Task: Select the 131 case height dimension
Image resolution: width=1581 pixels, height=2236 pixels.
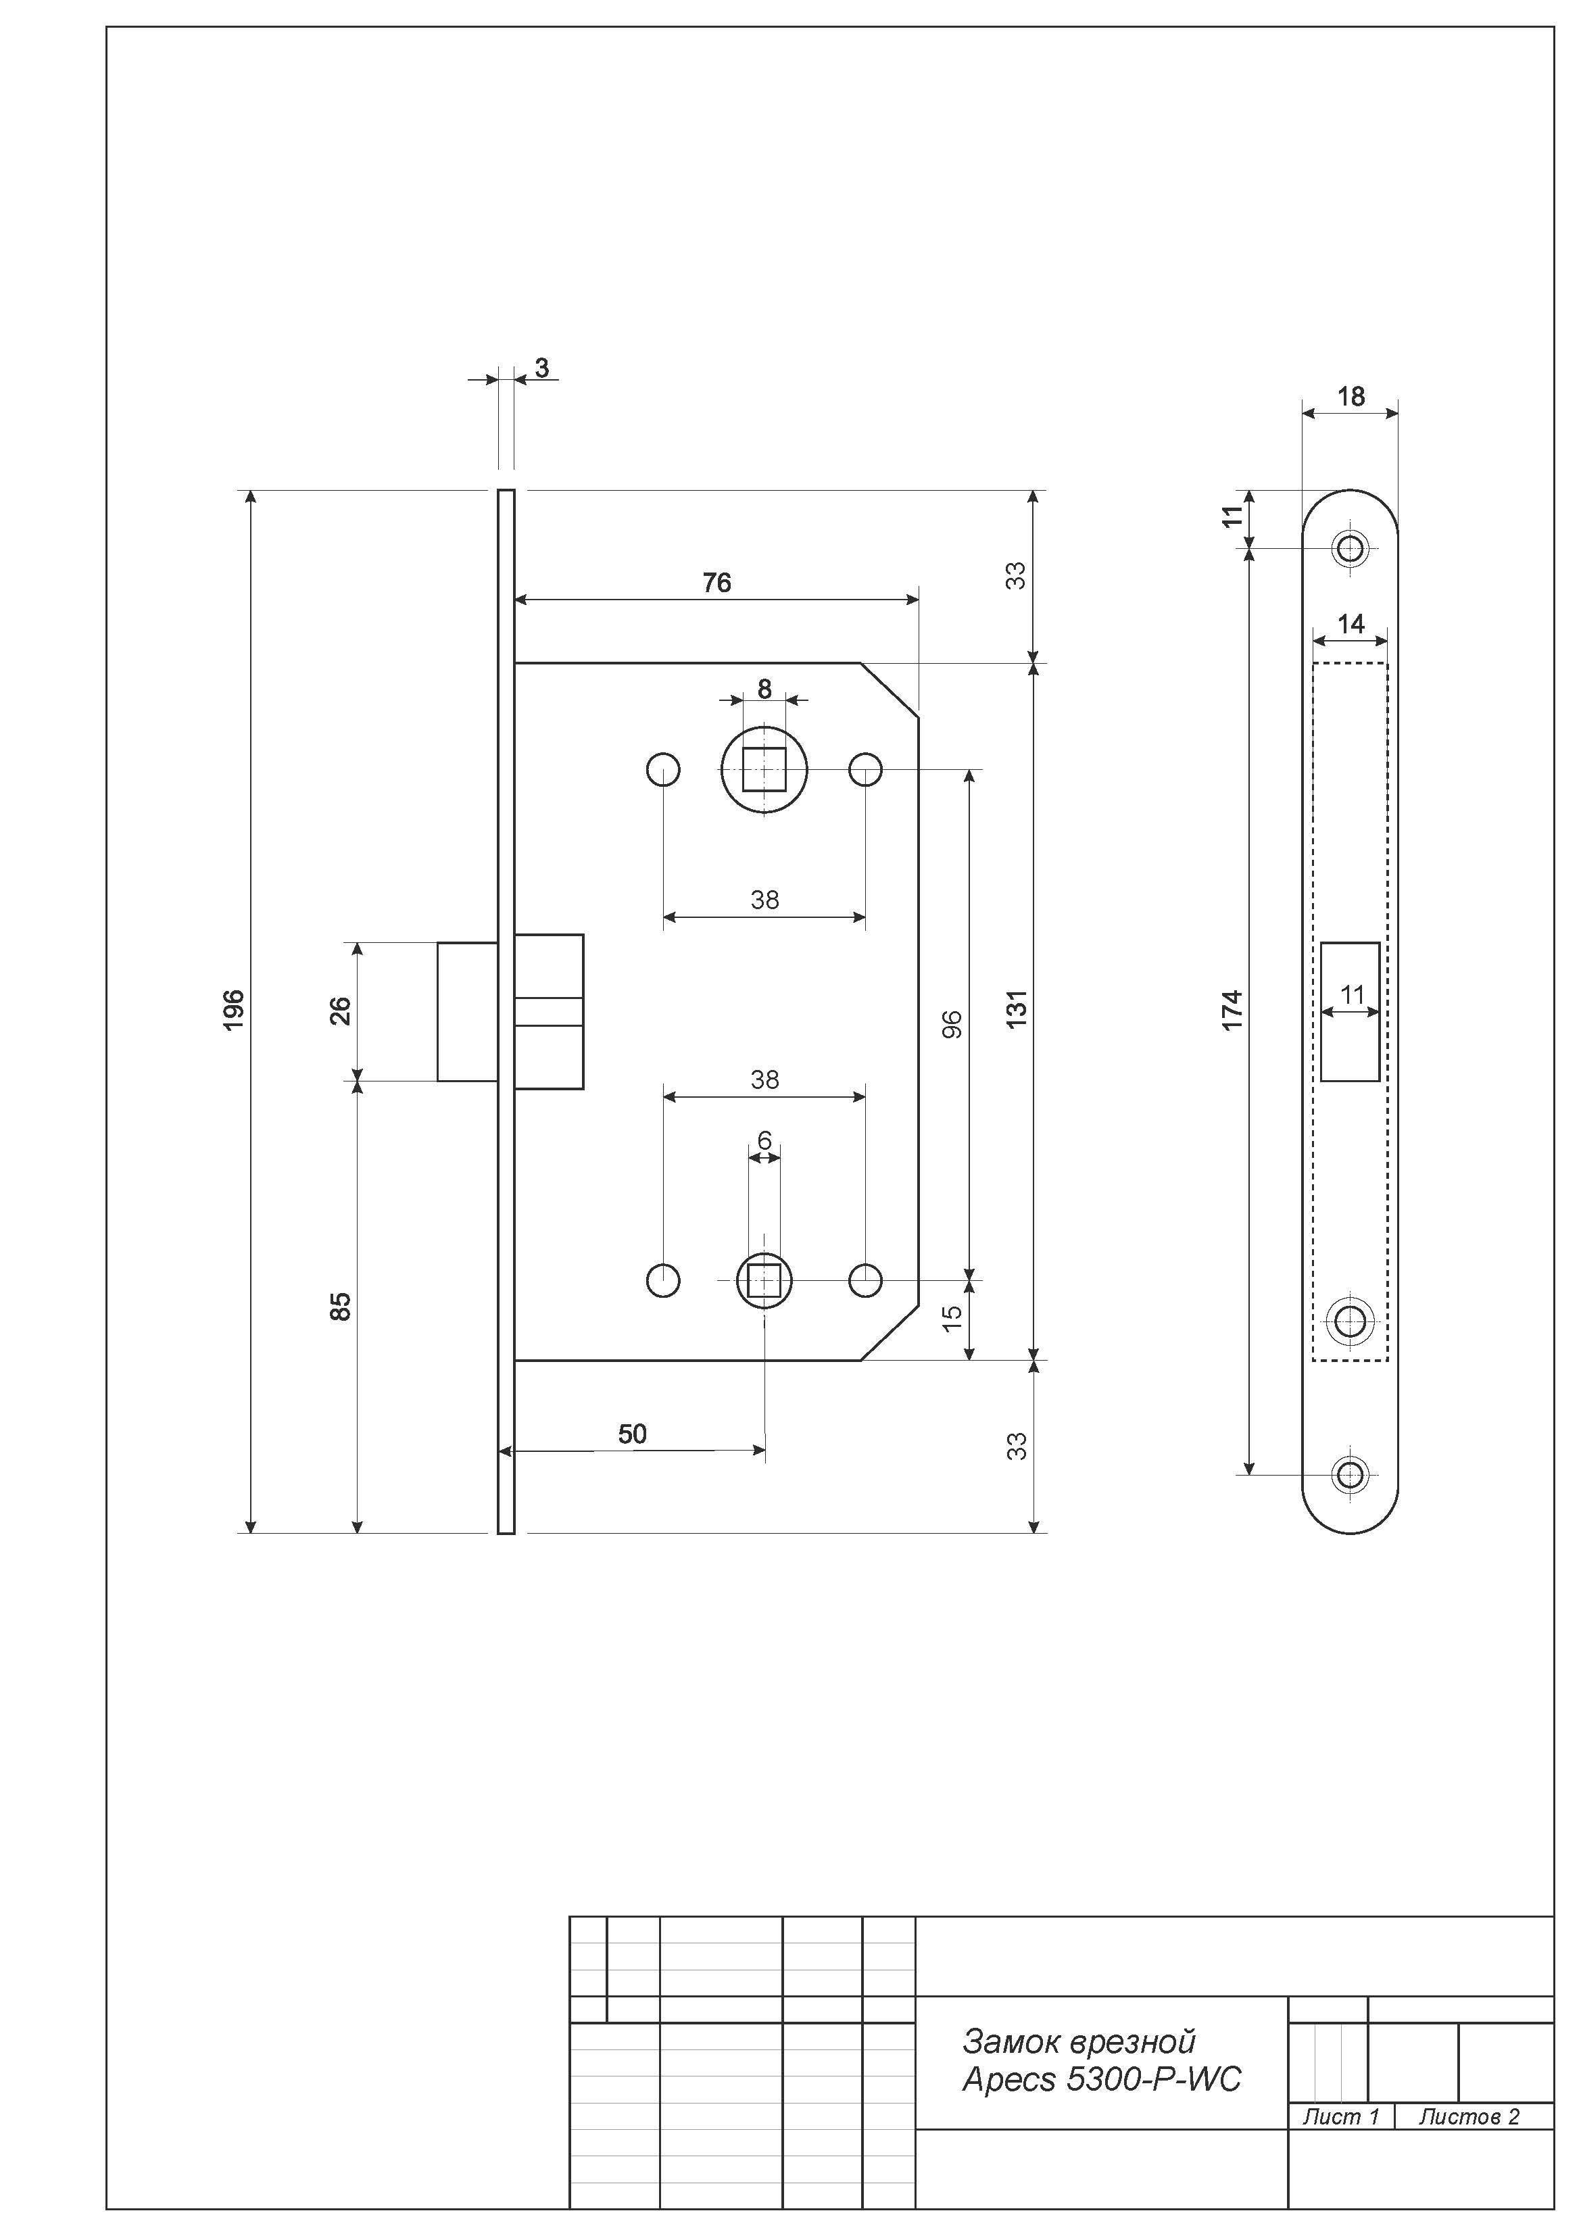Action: [x=1016, y=1009]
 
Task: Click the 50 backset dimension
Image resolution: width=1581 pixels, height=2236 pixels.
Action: [x=632, y=1434]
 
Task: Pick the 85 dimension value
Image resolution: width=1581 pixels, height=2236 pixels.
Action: [x=340, y=1306]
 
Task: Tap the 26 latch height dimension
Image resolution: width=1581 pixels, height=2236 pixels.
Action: [x=340, y=1011]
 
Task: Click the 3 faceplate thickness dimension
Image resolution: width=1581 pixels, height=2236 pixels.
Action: [x=541, y=368]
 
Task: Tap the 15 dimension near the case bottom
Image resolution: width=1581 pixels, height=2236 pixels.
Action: [x=952, y=1317]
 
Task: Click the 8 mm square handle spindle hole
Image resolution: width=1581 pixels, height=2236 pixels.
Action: [x=764, y=769]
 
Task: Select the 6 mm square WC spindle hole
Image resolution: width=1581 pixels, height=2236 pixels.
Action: [x=764, y=1281]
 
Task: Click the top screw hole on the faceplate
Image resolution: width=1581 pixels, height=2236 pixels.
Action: [x=1350, y=548]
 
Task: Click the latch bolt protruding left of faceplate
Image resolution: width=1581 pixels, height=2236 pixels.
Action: [x=468, y=1011]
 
